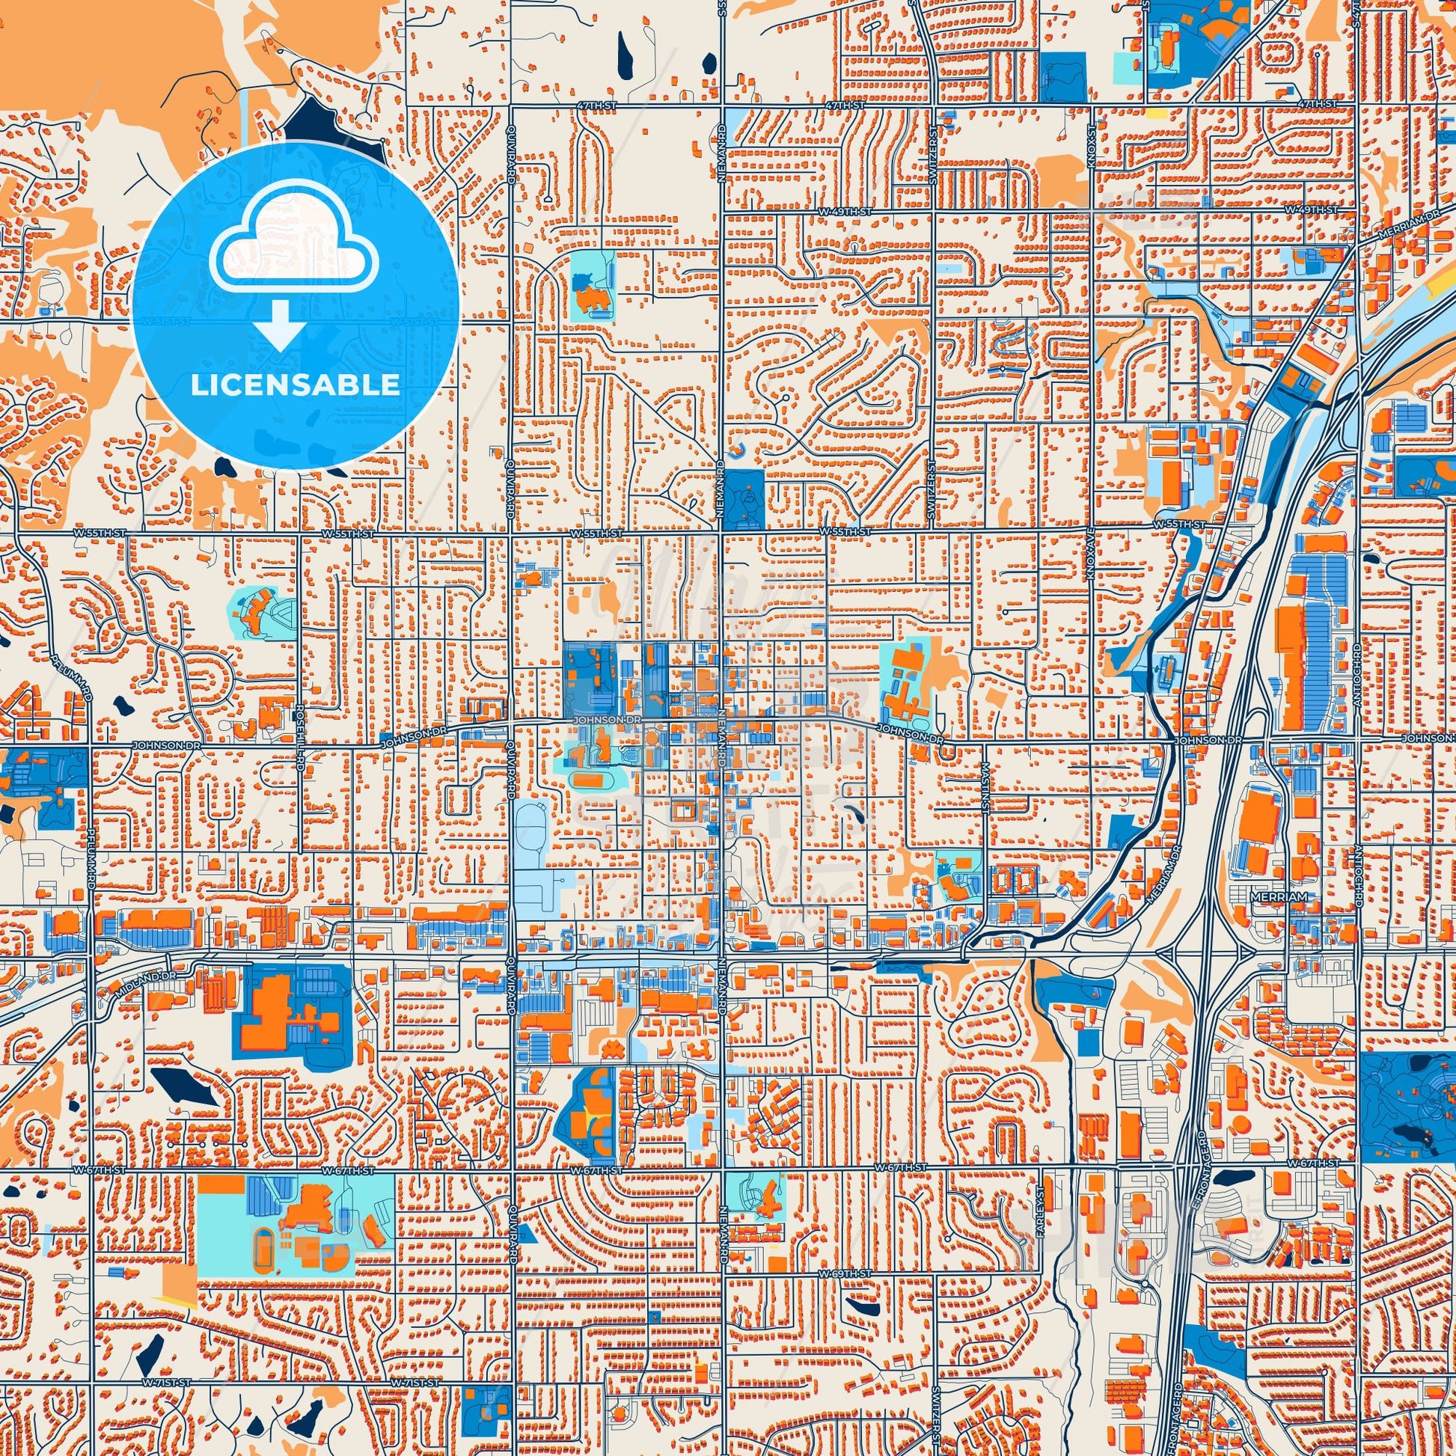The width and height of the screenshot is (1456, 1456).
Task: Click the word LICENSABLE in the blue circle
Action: [295, 385]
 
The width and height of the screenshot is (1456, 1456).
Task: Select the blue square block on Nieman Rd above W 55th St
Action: [747, 498]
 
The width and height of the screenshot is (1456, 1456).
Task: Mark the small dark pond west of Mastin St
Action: [855, 813]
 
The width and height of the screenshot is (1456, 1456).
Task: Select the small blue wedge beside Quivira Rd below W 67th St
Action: [531, 1236]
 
